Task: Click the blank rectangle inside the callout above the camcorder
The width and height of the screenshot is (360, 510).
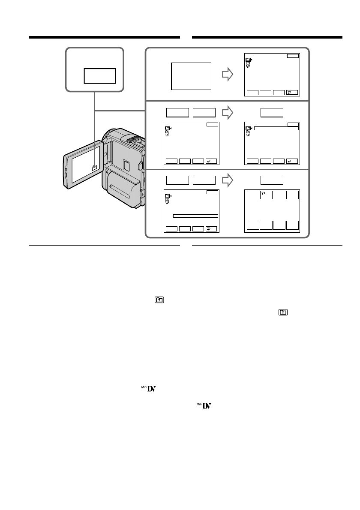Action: (x=100, y=75)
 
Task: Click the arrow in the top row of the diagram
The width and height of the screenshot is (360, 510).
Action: (x=228, y=75)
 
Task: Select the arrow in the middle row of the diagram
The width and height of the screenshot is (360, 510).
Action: (x=228, y=113)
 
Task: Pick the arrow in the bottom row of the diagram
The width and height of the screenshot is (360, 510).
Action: (x=228, y=180)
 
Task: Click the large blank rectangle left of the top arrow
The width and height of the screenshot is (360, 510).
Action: (x=191, y=76)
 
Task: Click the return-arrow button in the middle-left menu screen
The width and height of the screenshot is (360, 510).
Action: (x=211, y=161)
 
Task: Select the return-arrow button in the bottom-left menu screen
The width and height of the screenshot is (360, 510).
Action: (x=211, y=229)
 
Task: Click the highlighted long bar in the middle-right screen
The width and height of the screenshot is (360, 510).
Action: (x=276, y=128)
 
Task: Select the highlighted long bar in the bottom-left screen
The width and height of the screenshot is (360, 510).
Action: (x=195, y=216)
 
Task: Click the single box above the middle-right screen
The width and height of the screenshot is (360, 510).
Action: (x=272, y=113)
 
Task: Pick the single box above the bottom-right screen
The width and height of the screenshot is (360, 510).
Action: (x=272, y=180)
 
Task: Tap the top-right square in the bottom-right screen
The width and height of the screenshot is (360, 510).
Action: (x=293, y=195)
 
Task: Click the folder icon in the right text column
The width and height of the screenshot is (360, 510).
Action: (x=283, y=313)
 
